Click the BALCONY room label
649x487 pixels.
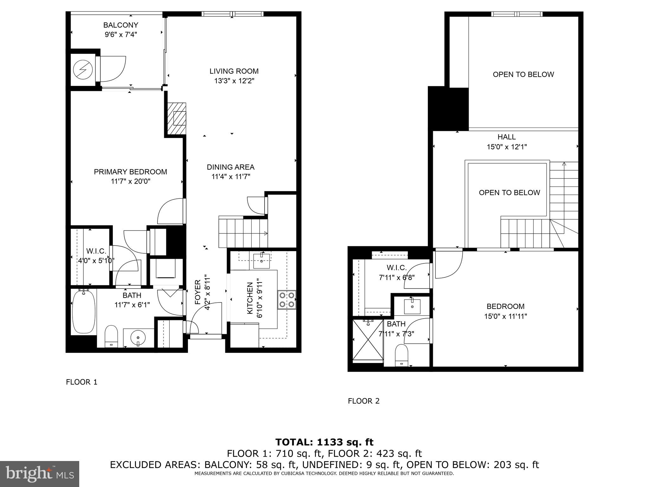(x=121, y=25)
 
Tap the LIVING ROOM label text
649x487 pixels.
(x=234, y=71)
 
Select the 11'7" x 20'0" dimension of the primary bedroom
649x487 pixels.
(x=130, y=181)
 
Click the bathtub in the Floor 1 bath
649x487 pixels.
(x=84, y=312)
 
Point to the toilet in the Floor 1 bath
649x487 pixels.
(x=111, y=336)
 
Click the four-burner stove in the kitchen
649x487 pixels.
(x=286, y=300)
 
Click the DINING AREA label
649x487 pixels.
(x=230, y=167)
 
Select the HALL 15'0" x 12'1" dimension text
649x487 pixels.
(x=506, y=147)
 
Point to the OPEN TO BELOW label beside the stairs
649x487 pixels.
(x=509, y=192)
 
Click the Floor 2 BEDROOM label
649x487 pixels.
(x=505, y=306)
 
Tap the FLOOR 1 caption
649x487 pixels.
(x=81, y=382)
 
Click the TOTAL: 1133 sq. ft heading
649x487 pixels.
(x=324, y=442)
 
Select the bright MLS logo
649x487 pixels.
(x=40, y=474)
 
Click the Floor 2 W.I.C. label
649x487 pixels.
(x=396, y=268)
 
